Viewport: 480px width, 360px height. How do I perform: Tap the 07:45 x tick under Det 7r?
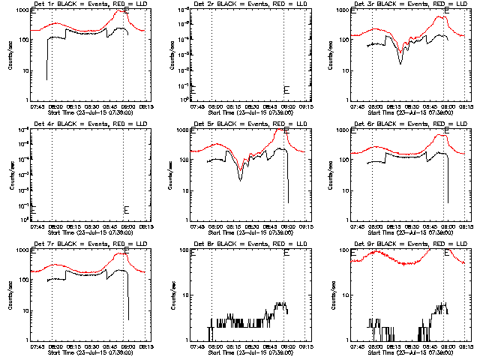tap(37, 346)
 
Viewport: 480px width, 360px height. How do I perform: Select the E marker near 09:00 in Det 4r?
tap(126, 209)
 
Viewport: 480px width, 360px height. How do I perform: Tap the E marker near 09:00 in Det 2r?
tap(286, 90)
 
